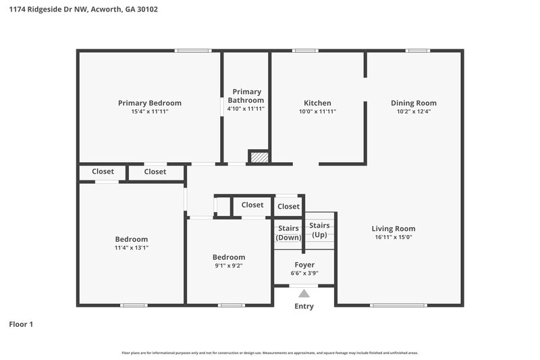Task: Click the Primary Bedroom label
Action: [x=149, y=103]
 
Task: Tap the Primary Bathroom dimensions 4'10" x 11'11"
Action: [x=246, y=109]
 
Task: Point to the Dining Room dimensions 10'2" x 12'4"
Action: [x=414, y=111]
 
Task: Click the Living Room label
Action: [x=394, y=228]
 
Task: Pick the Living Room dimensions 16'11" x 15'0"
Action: [x=394, y=237]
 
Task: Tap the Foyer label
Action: [x=304, y=264]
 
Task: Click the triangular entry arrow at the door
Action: [x=304, y=293]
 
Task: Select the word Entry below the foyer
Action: [x=304, y=307]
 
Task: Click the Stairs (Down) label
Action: [x=288, y=233]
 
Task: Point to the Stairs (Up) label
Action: [x=320, y=230]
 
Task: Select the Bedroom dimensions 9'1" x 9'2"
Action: [x=229, y=265]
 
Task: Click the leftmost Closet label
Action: [x=103, y=172]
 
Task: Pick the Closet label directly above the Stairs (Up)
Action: [x=288, y=206]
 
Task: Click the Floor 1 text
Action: [x=21, y=324]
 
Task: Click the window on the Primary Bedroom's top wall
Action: [x=193, y=50]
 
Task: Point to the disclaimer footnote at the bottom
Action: [x=270, y=353]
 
